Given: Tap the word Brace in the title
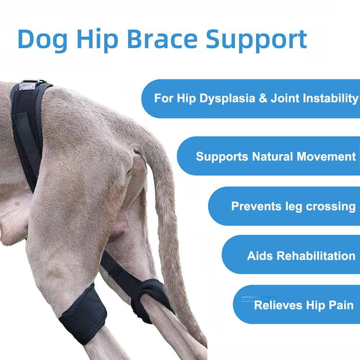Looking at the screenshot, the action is click(x=162, y=39).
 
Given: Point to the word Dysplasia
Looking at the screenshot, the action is click(x=227, y=99).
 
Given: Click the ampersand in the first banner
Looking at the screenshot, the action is click(x=263, y=98).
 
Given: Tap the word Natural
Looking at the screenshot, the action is click(x=272, y=157).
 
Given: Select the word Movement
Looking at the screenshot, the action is click(x=326, y=157).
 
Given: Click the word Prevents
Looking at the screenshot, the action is click(x=256, y=206).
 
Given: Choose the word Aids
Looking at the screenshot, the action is click(x=260, y=256).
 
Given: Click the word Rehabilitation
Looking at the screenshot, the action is click(x=316, y=256).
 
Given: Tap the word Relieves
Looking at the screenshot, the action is click(x=278, y=305).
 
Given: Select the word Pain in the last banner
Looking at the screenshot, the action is click(x=341, y=305).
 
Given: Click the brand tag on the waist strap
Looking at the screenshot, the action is click(x=27, y=86).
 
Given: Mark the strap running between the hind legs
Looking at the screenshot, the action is click(x=122, y=273).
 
